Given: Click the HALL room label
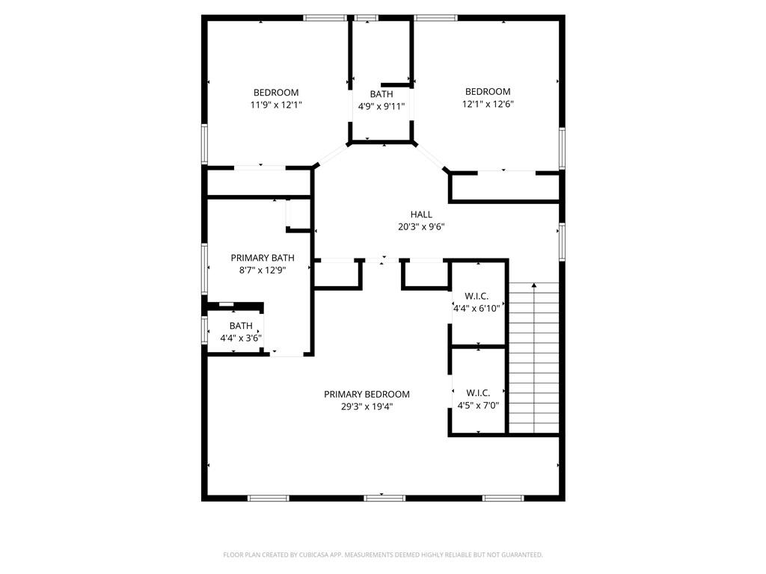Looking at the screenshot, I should (421, 215).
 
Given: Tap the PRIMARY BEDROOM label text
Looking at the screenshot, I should (367, 394).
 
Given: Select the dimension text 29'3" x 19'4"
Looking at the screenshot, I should (367, 407).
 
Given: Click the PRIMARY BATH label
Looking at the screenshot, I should (257, 258).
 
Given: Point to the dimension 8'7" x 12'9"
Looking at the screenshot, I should (257, 270).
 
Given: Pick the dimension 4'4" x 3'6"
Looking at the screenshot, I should (241, 338).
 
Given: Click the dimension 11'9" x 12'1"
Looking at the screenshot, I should (276, 105).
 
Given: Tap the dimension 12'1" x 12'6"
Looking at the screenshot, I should (488, 104).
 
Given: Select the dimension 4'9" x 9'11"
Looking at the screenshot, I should (382, 106).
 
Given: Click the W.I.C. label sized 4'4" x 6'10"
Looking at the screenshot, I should (477, 295).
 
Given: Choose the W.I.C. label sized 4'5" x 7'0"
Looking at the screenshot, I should (478, 393).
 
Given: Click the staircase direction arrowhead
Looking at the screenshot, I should (534, 285).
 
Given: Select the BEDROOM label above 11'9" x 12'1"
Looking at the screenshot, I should (276, 93).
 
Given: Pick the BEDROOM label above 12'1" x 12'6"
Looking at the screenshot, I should (488, 92).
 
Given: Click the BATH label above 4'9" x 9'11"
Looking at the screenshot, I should (382, 94).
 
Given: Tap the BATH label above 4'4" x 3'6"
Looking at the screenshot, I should (241, 326).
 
